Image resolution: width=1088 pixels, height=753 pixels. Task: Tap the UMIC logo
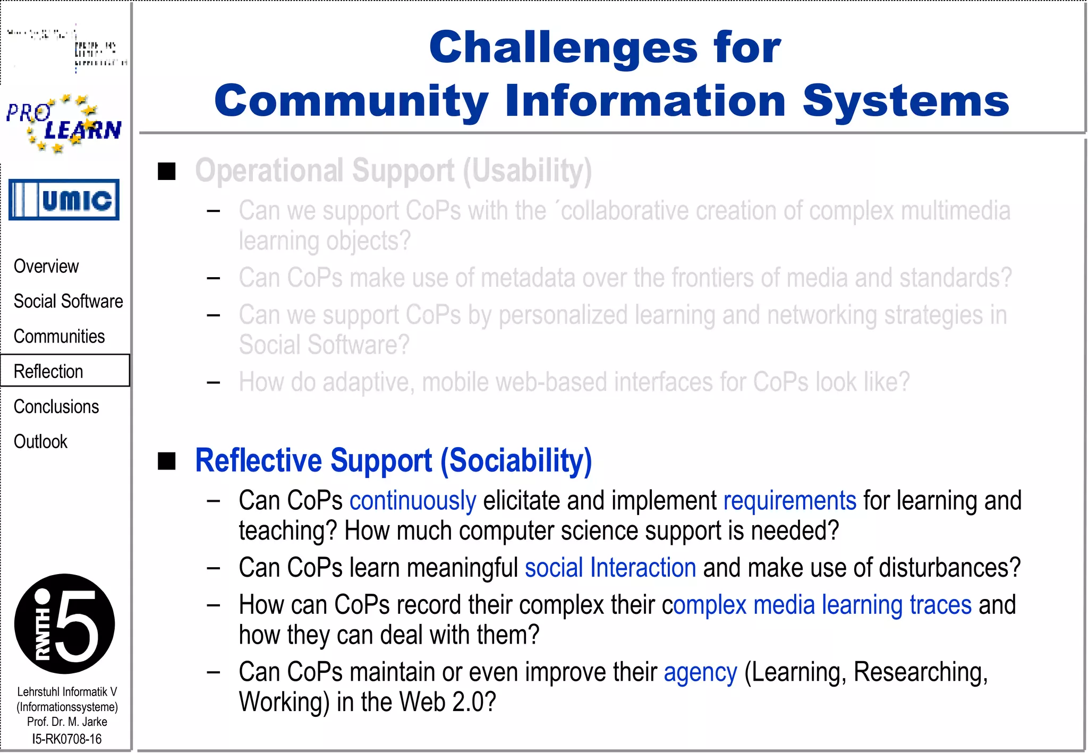pyautogui.click(x=64, y=200)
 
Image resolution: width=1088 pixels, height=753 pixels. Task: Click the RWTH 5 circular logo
pyautogui.click(x=64, y=624)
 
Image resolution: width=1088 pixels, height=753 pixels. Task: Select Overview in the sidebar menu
pyautogui.click(x=46, y=266)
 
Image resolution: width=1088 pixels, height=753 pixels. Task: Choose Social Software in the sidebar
pyautogui.click(x=68, y=301)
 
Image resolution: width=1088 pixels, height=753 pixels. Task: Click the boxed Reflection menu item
pyautogui.click(x=49, y=371)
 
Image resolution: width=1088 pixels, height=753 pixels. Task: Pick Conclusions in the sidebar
pyautogui.click(x=56, y=407)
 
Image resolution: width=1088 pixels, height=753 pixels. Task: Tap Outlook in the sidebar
pyautogui.click(x=40, y=442)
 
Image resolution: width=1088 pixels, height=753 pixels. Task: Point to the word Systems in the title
pyautogui.click(x=905, y=101)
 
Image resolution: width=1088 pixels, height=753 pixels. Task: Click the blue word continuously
pyautogui.click(x=413, y=501)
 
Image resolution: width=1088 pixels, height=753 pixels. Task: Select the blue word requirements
pyautogui.click(x=789, y=501)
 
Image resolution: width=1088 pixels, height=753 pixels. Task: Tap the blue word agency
pyautogui.click(x=700, y=672)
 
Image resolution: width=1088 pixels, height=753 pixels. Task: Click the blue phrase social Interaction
pyautogui.click(x=610, y=568)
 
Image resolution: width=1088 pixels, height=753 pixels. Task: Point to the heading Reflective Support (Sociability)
pyautogui.click(x=393, y=460)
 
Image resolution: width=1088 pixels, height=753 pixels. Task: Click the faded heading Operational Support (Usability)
pyautogui.click(x=393, y=171)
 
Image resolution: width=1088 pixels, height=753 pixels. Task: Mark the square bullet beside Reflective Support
pyautogui.click(x=167, y=461)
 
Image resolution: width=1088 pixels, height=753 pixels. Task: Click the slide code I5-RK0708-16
pyautogui.click(x=67, y=739)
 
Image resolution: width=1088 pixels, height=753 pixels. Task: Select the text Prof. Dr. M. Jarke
pyautogui.click(x=67, y=722)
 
